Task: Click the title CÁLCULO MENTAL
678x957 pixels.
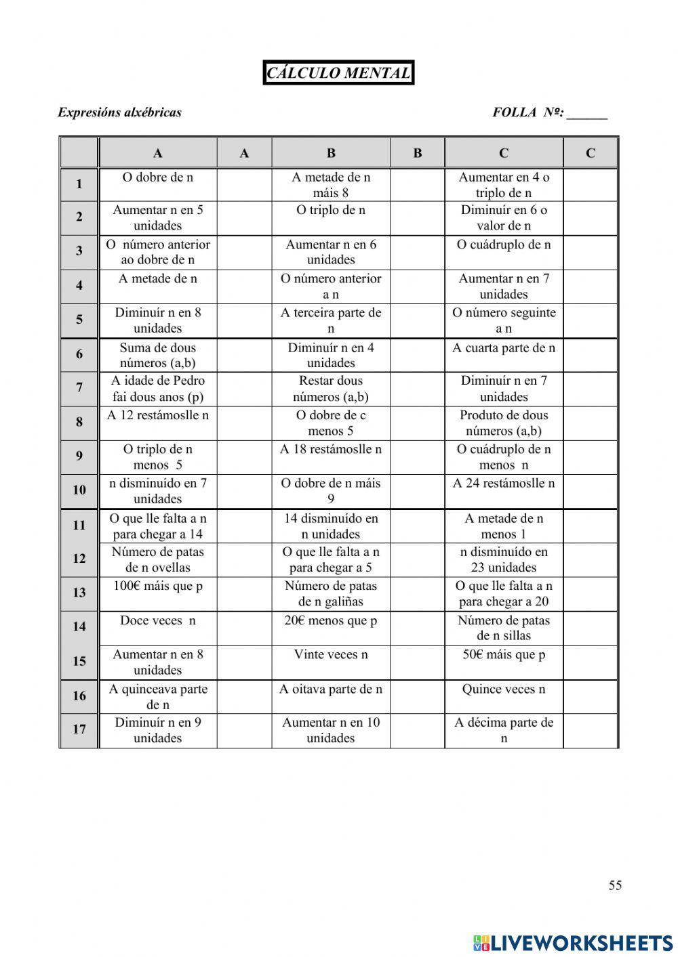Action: [338, 73]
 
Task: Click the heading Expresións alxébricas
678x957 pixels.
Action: [119, 112]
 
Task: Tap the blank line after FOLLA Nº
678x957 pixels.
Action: [587, 114]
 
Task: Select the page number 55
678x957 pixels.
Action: [615, 885]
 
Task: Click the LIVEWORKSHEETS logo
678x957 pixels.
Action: [572, 942]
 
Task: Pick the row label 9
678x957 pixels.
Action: [79, 456]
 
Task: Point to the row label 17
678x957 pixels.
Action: [79, 729]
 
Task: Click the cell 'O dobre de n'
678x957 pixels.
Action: [158, 177]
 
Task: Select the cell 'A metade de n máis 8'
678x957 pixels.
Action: [331, 185]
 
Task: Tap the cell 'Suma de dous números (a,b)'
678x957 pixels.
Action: [158, 355]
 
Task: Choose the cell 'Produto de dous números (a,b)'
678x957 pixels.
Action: [504, 423]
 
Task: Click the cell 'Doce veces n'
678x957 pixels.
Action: [158, 620]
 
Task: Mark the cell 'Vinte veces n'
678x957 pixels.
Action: [331, 655]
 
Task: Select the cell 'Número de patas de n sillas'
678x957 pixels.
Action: [504, 628]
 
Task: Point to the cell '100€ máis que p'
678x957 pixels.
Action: [158, 586]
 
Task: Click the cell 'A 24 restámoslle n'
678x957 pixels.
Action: [504, 484]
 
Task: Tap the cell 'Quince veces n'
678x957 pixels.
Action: [504, 689]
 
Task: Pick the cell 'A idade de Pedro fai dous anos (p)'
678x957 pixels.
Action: [158, 389]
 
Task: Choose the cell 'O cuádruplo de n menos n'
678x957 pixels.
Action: [504, 456]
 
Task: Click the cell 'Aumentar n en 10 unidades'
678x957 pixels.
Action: [331, 730]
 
